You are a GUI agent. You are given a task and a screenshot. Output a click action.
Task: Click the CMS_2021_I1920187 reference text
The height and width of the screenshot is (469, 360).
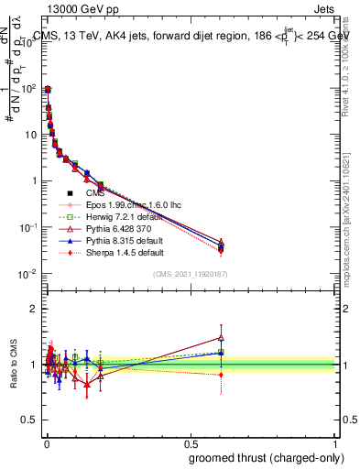190,275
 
